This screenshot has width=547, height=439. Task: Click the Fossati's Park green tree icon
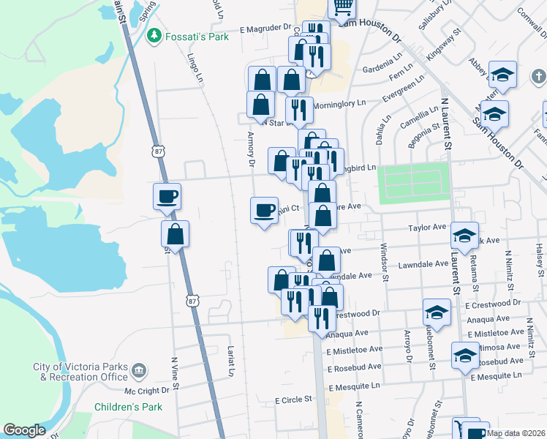154,36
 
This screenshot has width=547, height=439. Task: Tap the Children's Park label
128,407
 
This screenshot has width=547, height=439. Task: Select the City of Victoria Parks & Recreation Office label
80,372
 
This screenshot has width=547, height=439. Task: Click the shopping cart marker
342,7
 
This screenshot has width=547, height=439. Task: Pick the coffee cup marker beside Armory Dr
265,210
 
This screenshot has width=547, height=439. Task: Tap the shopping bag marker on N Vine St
175,235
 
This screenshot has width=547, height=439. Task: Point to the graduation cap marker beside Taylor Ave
464,235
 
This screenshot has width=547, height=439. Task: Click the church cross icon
538,76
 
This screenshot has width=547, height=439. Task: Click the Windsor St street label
385,263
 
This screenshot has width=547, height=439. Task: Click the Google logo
25,430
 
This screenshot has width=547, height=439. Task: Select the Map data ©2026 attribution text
515,433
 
